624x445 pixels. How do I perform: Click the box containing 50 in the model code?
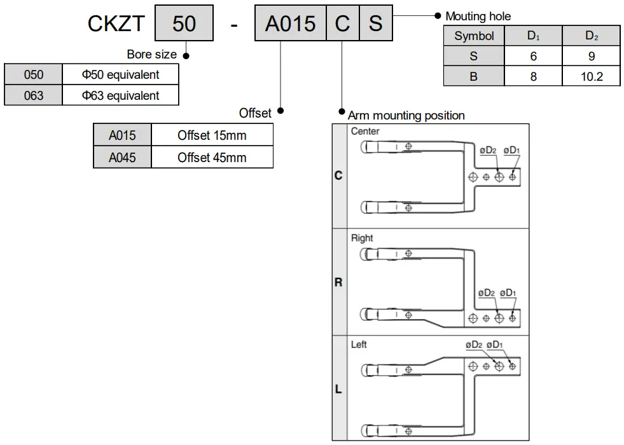pos(184,24)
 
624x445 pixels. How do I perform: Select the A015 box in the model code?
pos(290,24)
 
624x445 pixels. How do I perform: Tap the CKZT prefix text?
pos(116,24)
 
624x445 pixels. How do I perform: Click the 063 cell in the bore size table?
pos(34,95)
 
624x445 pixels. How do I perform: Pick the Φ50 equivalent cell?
pos(120,74)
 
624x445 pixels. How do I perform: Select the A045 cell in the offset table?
pos(122,157)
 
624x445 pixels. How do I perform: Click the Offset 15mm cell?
pos(212,135)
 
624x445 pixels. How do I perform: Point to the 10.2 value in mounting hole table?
pos(591,77)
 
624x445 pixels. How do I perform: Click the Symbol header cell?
pos(474,36)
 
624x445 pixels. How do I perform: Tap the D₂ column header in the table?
pos(591,36)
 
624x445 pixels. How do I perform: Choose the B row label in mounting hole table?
pos(474,77)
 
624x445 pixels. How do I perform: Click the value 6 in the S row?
pos(533,57)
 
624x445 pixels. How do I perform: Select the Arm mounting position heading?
pos(406,116)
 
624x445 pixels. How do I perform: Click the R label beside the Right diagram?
pos(338,282)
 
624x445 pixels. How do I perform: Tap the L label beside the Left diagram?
pos(338,389)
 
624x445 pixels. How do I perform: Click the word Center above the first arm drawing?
pos(365,132)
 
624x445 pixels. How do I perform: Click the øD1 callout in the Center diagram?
pos(511,151)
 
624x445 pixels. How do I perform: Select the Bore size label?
pos(152,55)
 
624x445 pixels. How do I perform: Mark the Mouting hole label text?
pos(478,17)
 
